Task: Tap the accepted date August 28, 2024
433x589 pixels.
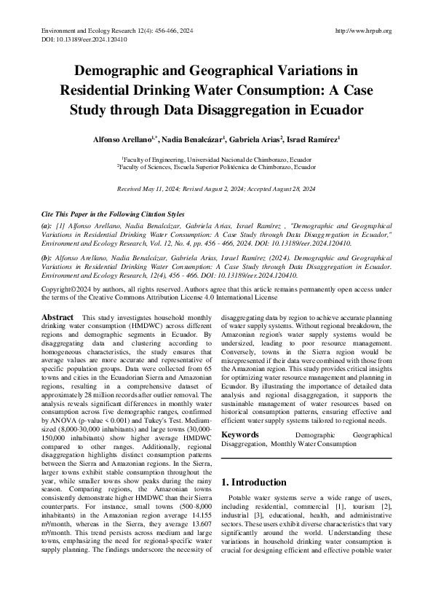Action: (293, 189)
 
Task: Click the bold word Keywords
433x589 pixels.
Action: (241, 414)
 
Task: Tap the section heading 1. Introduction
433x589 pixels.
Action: (253, 462)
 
